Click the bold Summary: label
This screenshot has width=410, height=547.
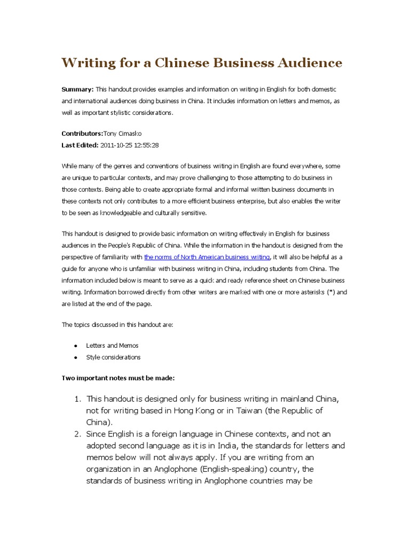pyautogui.click(x=78, y=89)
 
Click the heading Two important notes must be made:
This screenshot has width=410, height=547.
pyautogui.click(x=118, y=378)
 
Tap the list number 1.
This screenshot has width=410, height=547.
pyautogui.click(x=77, y=399)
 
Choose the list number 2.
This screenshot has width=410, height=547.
pyautogui.click(x=77, y=434)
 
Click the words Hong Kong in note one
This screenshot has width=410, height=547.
pyautogui.click(x=204, y=411)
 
